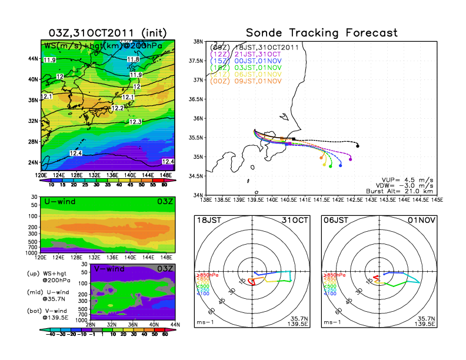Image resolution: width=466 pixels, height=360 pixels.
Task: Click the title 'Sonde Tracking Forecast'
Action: [x=321, y=32]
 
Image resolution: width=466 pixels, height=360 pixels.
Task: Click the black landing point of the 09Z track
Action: [x=358, y=146]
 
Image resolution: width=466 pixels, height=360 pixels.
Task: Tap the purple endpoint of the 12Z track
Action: [x=350, y=159]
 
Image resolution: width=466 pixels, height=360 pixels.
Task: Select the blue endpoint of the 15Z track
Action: [x=341, y=166]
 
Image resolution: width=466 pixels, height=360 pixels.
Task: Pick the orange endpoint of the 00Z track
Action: [x=321, y=158]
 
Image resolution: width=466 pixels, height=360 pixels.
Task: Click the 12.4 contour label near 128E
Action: [x=75, y=153]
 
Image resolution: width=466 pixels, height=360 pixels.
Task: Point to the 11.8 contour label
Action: [x=134, y=59]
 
